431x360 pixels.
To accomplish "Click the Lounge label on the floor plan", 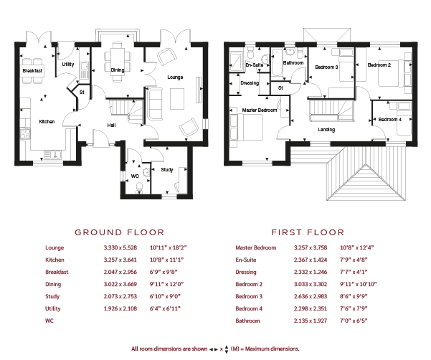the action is point(175,77).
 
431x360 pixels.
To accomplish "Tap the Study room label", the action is point(167,169).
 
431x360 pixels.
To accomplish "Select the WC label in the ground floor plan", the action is point(135,176).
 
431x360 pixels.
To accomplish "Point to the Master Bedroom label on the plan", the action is point(260,110).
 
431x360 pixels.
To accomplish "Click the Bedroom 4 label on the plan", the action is point(390,120).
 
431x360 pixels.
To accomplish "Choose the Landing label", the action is point(326,129).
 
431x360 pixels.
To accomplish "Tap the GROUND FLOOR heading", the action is point(120,232).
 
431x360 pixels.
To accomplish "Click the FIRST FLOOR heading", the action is point(308,232).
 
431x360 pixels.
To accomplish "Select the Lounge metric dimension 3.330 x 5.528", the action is point(120,247).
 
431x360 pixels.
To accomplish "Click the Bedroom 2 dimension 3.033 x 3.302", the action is point(311,284).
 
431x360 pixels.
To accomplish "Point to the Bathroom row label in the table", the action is point(247,321).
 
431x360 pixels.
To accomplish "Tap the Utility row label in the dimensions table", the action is point(53,308).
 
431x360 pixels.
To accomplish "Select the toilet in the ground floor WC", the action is point(140,187).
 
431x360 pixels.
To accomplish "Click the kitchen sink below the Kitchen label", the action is point(52,155).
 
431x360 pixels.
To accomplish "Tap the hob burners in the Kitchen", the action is point(25,134).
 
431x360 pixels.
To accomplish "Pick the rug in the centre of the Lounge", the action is point(177,99).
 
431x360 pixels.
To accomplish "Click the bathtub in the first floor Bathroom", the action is point(277,62).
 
